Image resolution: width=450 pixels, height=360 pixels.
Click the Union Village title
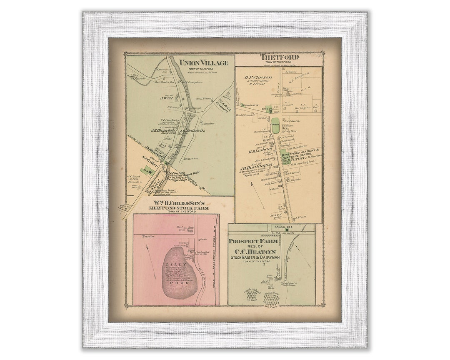(204, 63)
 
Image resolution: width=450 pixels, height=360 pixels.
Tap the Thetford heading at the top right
(279, 57)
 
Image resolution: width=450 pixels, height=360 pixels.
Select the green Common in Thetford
(275, 125)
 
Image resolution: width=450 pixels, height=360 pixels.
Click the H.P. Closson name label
(258, 77)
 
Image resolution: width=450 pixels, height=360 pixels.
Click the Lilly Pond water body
(180, 273)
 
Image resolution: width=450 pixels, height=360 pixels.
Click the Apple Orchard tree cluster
(251, 295)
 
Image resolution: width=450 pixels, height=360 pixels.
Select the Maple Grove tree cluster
(271, 299)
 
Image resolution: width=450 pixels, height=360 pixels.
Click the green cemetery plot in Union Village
(146, 170)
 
